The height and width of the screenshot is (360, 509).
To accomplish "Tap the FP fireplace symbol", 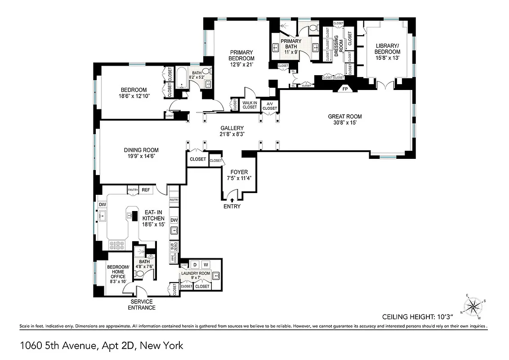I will (x=345, y=89).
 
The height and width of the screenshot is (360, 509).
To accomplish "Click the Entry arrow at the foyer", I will (x=232, y=199).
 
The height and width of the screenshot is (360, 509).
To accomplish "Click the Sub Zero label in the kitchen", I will (x=173, y=247).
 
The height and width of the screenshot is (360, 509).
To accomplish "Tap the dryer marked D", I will (x=195, y=264).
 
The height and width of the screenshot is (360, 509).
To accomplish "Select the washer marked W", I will (x=205, y=264).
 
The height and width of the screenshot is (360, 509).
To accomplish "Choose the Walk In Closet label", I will (x=250, y=105).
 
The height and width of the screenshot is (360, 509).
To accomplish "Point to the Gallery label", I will (x=232, y=128).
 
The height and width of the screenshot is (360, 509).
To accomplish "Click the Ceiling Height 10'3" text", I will (x=433, y=316).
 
